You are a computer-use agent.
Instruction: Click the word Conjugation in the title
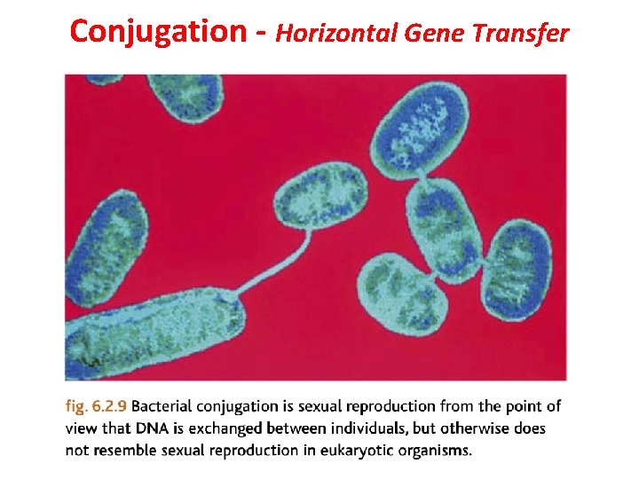coord(157,33)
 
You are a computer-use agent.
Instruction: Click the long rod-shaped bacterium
coord(155,332)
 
